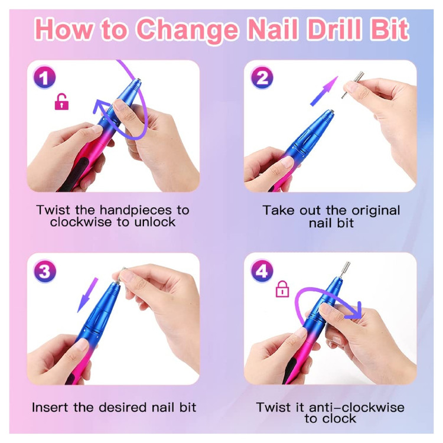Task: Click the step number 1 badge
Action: pos(44,77)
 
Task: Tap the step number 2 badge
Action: pos(262,77)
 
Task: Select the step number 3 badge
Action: pos(45,271)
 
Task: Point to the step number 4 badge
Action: pos(262,271)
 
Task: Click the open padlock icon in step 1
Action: pos(61,102)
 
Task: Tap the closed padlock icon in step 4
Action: pos(282,289)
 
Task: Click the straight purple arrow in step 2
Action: pos(324,91)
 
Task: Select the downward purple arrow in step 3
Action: pos(87,295)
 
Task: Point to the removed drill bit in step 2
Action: pos(353,84)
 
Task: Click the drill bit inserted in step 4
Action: pos(346,270)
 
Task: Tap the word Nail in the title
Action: pos(273,30)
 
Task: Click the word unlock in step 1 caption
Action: pos(155,222)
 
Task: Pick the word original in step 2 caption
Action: pos(376,211)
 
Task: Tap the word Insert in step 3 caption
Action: pos(50,408)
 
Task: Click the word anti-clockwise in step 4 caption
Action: pos(357,408)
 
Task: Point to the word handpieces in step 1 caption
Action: pos(136,210)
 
